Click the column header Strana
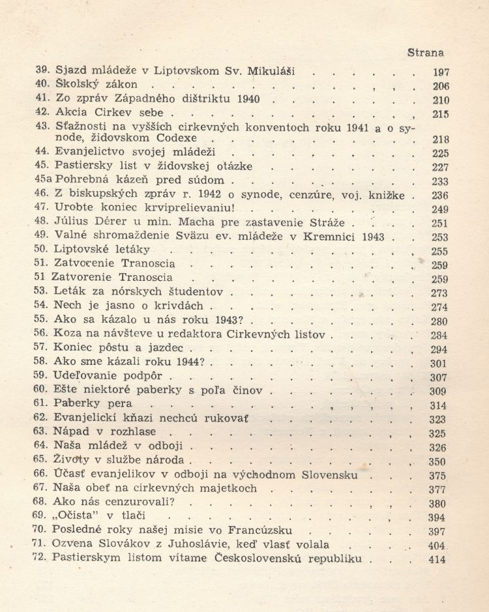(x=425, y=52)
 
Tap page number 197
(x=440, y=72)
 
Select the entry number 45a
(x=43, y=181)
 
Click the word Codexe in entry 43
(x=185, y=139)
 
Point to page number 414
(x=437, y=560)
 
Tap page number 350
(x=438, y=461)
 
